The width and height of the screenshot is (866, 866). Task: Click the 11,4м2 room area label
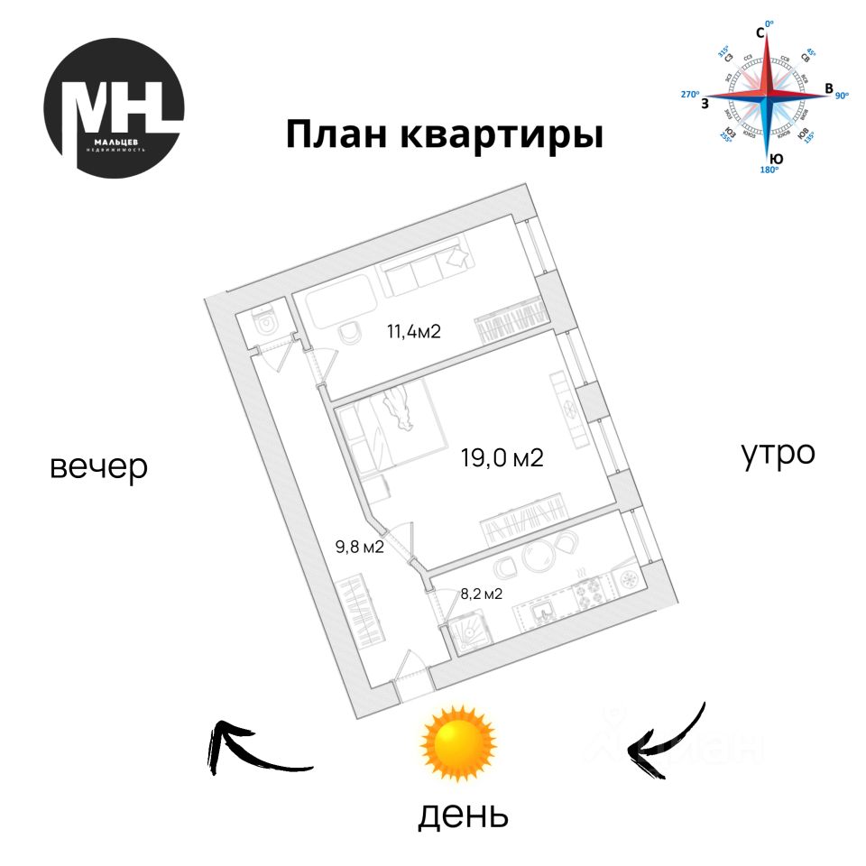click(413, 330)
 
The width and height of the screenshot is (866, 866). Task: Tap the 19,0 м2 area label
click(502, 458)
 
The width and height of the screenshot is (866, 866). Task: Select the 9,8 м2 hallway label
click(360, 546)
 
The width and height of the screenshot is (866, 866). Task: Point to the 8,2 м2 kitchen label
click(481, 594)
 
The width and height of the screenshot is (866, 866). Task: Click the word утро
click(778, 454)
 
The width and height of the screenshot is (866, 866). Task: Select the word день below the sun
click(463, 815)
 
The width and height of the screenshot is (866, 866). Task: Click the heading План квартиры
click(444, 135)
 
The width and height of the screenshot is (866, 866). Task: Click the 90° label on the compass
click(842, 95)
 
